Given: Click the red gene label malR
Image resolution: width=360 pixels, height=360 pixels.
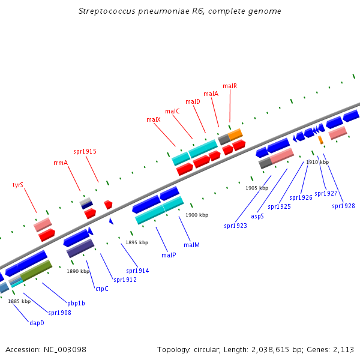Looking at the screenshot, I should (230, 86).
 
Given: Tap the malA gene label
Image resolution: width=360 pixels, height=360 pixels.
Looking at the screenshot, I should (211, 94).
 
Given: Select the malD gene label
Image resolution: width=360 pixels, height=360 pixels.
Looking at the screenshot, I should (193, 101).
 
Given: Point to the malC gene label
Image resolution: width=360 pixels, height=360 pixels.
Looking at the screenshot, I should (172, 111).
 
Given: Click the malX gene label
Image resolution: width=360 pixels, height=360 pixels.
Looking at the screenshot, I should (153, 119).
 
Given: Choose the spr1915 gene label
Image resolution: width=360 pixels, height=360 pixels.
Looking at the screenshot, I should (85, 151).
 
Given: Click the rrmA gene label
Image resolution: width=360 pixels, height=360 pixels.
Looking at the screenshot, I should (61, 163).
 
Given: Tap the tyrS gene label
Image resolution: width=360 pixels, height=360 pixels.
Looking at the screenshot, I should (18, 185).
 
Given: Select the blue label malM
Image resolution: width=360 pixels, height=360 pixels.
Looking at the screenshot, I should (191, 245).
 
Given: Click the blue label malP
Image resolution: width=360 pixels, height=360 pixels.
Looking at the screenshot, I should (169, 255).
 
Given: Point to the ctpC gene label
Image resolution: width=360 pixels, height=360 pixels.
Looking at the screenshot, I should (101, 289).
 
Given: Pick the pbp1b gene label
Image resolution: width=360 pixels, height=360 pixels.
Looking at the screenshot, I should (76, 303).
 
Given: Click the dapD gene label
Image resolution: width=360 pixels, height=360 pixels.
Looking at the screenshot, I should (37, 322).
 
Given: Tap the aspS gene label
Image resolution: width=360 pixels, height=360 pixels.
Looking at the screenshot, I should (257, 216).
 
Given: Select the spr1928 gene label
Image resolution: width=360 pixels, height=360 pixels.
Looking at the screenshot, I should (343, 206).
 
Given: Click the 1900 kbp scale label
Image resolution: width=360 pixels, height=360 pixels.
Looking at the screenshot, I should (197, 215).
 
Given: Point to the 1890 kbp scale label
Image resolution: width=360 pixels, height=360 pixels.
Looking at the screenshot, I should (77, 271).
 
